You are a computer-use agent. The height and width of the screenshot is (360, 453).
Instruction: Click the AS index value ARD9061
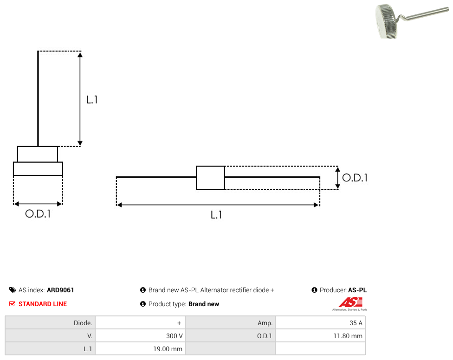pos(60,290)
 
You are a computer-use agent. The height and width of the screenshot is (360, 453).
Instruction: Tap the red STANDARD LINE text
pos(43,304)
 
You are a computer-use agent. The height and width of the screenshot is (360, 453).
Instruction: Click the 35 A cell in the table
pos(320,323)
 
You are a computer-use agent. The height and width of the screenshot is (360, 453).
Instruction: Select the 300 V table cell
pos(140,336)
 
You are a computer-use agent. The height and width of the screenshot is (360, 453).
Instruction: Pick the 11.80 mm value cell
pos(320,336)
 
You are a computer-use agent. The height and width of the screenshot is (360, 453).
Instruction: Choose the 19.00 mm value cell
pos(140,349)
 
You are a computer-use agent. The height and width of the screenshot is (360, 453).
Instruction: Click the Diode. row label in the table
pos(50,323)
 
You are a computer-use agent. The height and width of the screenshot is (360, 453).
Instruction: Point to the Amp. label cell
pos(230,323)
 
